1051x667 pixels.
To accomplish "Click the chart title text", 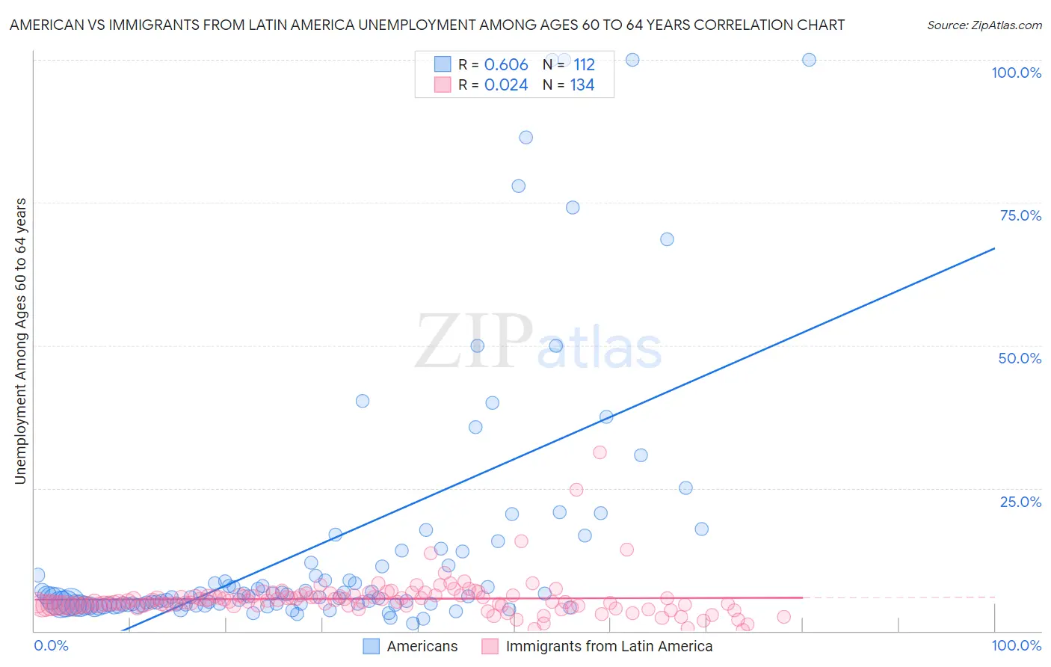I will click(x=427, y=25).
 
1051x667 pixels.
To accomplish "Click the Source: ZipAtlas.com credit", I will click(x=984, y=25).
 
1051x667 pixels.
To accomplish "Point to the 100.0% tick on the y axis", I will click(x=1016, y=73).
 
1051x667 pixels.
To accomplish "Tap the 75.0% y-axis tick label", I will click(x=1020, y=215).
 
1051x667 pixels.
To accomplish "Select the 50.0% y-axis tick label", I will click(x=1020, y=358).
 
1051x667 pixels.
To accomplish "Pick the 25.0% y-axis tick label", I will click(x=1020, y=502).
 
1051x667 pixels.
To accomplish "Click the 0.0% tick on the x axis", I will click(x=51, y=645).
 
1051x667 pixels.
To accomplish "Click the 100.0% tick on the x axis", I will click(x=1016, y=645).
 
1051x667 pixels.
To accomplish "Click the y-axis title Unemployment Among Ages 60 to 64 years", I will click(x=21, y=340).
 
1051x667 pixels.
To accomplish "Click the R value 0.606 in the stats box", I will click(x=506, y=65).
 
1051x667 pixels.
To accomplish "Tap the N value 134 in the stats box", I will click(x=582, y=85).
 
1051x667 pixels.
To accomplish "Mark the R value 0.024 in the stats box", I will click(x=506, y=85).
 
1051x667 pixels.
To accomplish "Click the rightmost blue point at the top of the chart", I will click(x=809, y=60).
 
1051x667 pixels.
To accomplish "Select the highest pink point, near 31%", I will click(x=600, y=452).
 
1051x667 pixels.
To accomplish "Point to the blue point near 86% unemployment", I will click(x=526, y=138).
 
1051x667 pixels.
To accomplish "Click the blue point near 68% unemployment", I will click(x=667, y=239).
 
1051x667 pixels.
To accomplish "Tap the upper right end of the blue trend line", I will click(x=994, y=248).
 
